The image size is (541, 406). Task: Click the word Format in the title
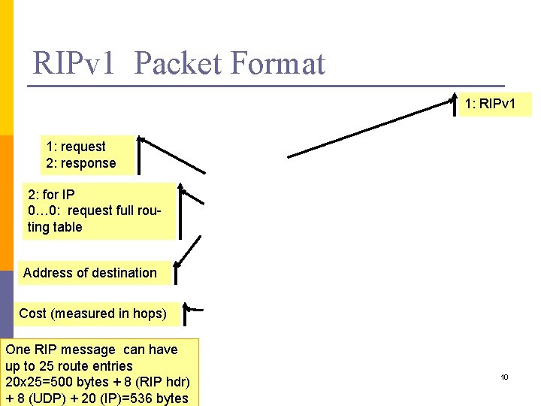(x=277, y=63)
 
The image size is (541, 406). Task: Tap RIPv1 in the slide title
(x=74, y=63)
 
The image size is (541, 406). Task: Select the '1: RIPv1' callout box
(x=495, y=104)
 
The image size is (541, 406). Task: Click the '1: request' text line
(x=76, y=147)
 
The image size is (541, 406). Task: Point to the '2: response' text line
(x=81, y=163)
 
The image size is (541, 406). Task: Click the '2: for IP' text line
(x=51, y=194)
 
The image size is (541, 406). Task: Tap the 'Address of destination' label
(x=90, y=273)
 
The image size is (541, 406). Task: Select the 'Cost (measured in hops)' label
(x=92, y=314)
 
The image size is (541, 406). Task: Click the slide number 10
(x=505, y=377)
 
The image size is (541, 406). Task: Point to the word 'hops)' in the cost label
(x=150, y=314)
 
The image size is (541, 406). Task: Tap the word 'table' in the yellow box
(x=67, y=227)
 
